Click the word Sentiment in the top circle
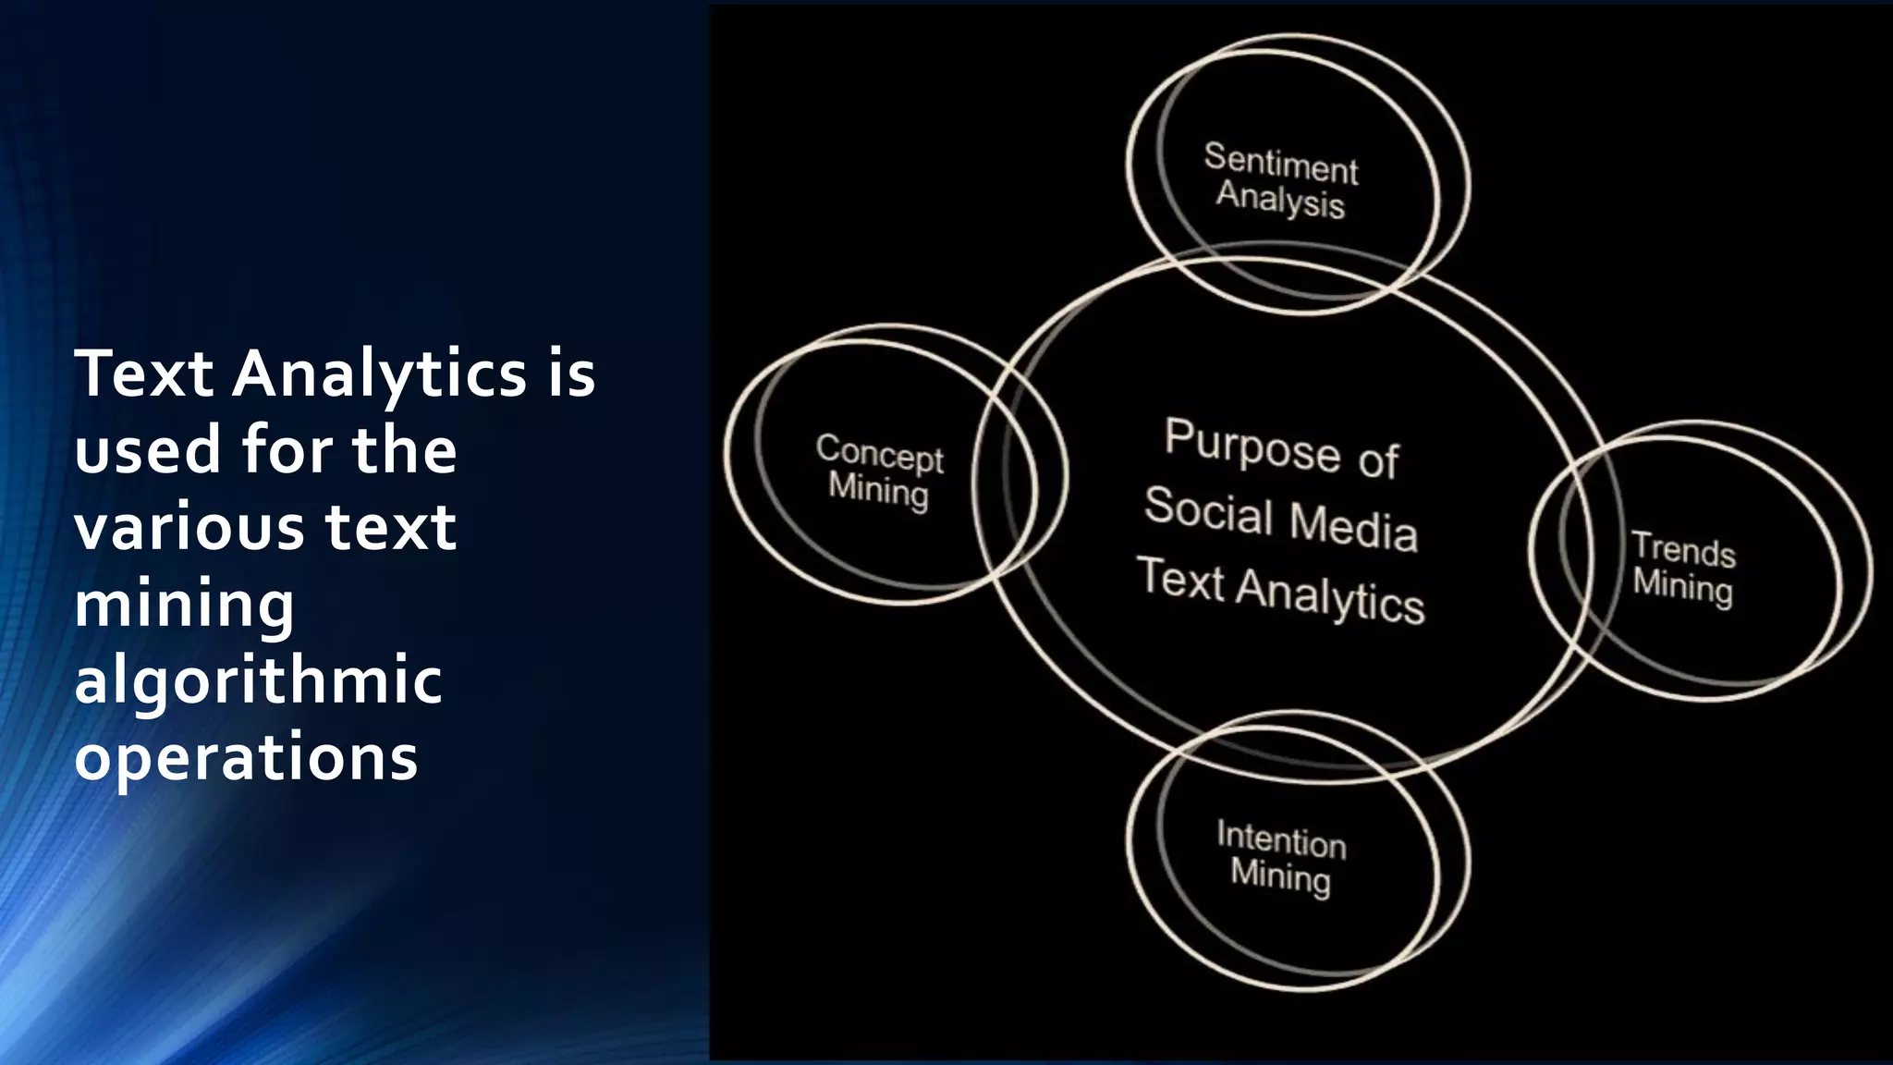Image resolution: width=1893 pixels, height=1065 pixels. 1280,164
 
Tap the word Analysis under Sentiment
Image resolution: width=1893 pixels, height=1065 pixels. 1280,201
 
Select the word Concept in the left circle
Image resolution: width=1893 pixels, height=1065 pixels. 879,454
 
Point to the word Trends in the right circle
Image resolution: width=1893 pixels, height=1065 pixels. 1683,549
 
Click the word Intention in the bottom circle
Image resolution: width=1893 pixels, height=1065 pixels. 1281,839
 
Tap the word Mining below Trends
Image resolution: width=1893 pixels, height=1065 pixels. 1682,586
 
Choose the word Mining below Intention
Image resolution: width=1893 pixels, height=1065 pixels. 1280,875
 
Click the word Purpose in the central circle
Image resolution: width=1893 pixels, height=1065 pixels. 1252,447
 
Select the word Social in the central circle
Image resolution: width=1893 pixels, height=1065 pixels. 1208,511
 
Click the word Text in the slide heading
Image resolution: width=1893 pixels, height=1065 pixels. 144,374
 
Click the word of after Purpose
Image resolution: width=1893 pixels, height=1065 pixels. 1378,459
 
